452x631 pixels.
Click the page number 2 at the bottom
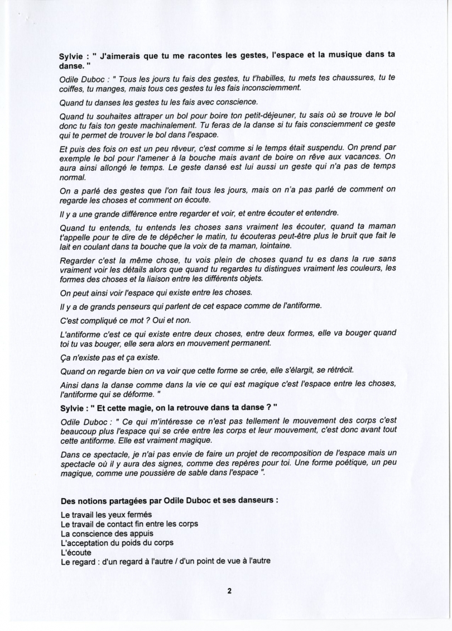(x=229, y=592)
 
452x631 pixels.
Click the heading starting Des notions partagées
(x=169, y=501)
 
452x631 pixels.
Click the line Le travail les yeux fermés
(x=105, y=514)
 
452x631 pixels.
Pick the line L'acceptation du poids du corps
(x=117, y=543)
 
